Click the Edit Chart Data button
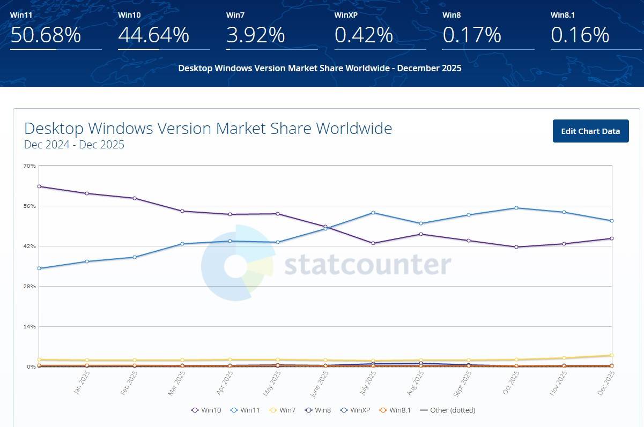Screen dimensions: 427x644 [590, 131]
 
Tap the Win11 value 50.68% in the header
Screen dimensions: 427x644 [46, 35]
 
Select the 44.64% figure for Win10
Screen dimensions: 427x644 [153, 35]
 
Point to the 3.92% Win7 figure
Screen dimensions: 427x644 [255, 35]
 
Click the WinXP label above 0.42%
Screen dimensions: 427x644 [346, 15]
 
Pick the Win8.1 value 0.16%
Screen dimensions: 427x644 [580, 35]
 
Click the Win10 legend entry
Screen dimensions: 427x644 [206, 410]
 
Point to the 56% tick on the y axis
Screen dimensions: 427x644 [29, 206]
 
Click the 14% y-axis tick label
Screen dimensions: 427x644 [29, 326]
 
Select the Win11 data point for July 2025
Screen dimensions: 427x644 [373, 213]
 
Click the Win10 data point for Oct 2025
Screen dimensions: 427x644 [516, 247]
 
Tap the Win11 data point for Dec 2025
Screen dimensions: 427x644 [611, 221]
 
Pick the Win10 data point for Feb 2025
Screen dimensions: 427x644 [135, 198]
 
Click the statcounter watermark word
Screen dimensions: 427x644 [367, 265]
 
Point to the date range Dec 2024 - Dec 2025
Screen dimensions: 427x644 [74, 145]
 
